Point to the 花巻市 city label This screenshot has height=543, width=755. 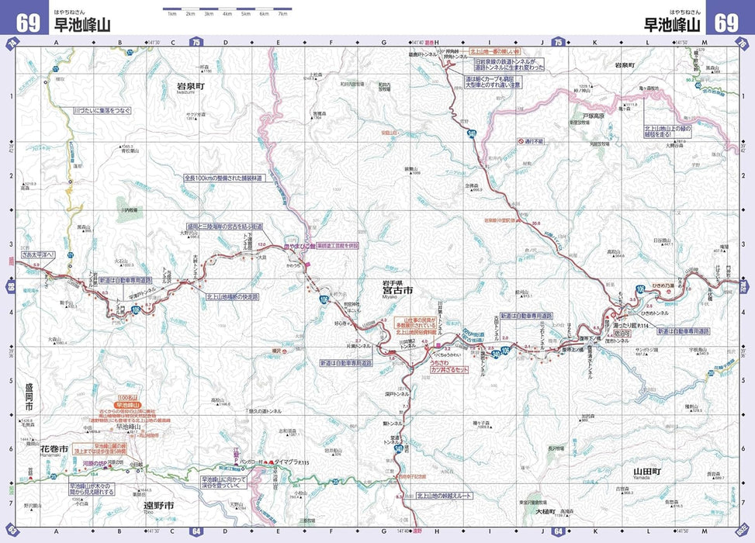[54, 449]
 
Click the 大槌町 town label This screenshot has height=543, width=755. [546, 512]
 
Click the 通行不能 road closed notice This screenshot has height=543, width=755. [533, 142]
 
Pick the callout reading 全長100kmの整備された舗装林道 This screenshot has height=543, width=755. [223, 178]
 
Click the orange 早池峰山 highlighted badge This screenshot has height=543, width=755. [127, 405]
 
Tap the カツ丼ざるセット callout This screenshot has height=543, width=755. [449, 371]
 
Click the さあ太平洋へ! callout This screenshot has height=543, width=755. [39, 254]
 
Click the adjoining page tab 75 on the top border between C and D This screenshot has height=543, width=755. [196, 42]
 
